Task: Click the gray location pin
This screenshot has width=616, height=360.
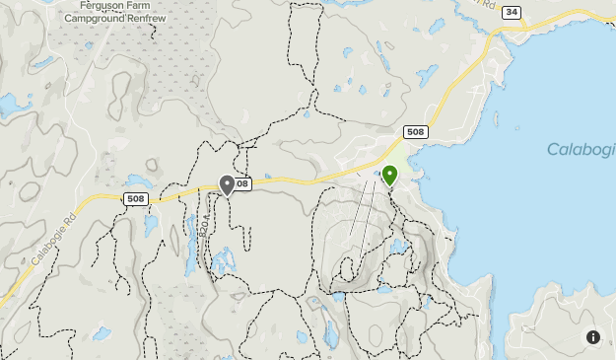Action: tap(228, 184)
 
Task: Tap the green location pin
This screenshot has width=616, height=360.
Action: tap(389, 175)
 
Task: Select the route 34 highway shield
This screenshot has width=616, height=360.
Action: tap(510, 12)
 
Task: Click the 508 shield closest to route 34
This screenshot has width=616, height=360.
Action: tap(415, 132)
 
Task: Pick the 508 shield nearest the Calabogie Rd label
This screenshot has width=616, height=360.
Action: tap(138, 198)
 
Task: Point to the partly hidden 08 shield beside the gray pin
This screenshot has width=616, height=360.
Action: tap(242, 183)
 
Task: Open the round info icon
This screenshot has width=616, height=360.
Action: tap(592, 336)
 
